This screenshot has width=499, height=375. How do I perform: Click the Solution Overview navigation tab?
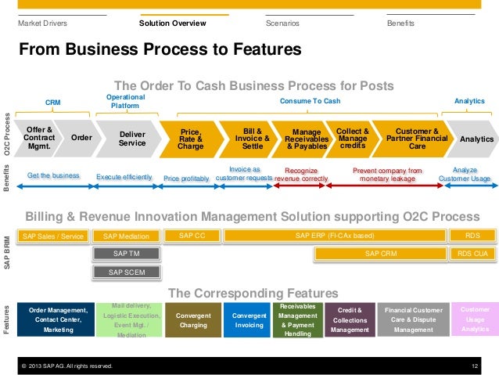(x=172, y=23)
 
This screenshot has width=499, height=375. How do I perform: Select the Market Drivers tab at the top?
(x=42, y=23)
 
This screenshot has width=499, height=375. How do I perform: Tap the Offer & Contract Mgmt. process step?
(x=39, y=139)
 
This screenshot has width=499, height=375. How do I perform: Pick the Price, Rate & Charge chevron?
(x=190, y=139)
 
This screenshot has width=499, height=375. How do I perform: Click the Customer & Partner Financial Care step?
(x=417, y=139)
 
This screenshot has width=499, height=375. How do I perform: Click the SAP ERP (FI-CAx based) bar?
(x=335, y=235)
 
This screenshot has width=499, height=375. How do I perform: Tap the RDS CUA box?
(x=472, y=254)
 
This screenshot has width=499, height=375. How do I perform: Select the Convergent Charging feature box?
(x=192, y=319)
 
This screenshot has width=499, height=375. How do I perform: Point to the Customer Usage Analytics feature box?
(x=475, y=319)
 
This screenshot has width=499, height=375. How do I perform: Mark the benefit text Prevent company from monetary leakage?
(x=387, y=174)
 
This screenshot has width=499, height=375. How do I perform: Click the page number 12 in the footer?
(x=475, y=366)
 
